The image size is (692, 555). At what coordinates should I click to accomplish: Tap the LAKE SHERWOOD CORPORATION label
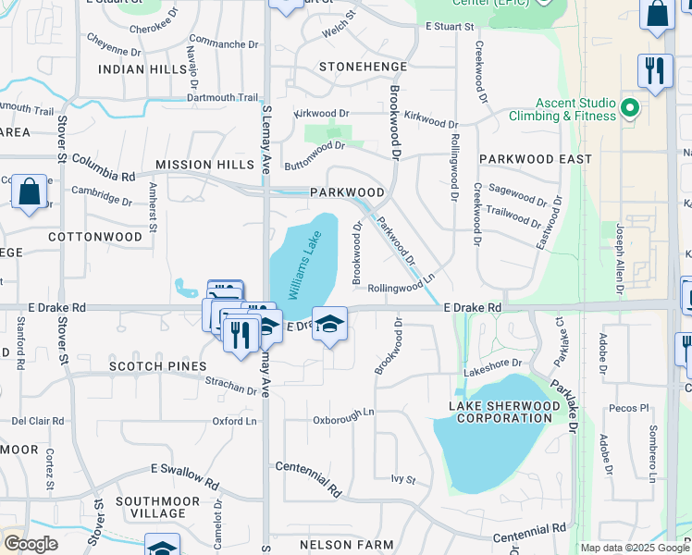tap(505, 413)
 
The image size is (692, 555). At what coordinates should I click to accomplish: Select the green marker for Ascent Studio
tap(630, 109)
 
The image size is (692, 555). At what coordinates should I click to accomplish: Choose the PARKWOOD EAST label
tap(536, 159)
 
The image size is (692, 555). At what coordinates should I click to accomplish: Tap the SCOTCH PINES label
tap(157, 366)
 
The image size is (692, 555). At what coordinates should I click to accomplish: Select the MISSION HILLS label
tap(204, 165)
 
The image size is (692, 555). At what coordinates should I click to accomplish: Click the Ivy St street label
tap(403, 479)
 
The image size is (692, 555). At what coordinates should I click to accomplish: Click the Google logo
tap(31, 544)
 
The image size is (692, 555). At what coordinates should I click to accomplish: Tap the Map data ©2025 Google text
tap(634, 548)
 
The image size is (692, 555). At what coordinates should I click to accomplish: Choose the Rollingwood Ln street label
tap(401, 289)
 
